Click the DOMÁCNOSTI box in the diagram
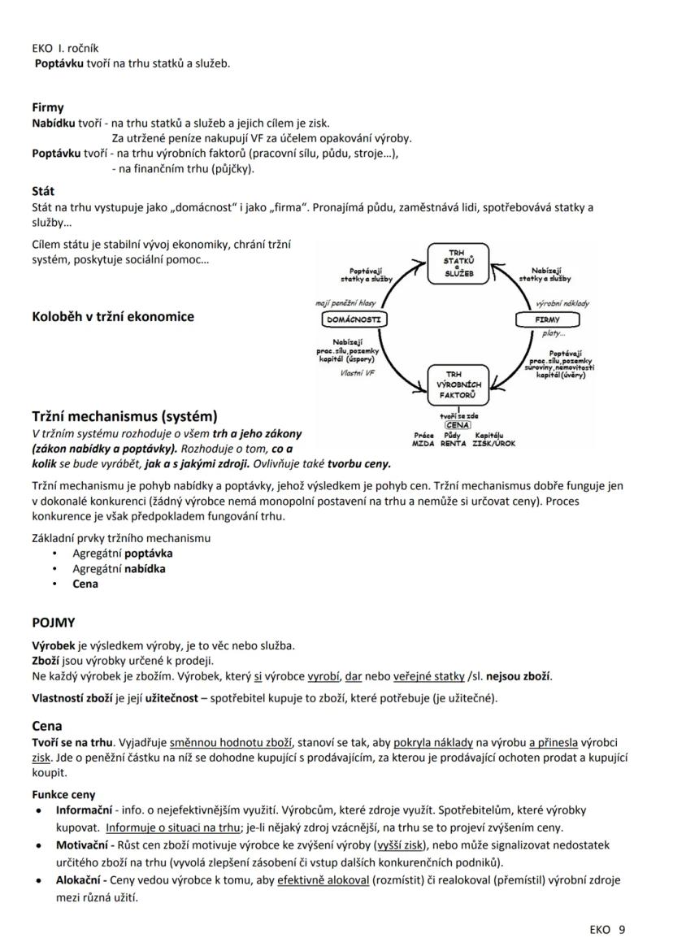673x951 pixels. pyautogui.click(x=353, y=319)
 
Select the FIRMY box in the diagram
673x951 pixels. pyautogui.click(x=547, y=319)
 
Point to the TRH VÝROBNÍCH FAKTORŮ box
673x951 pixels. pyautogui.click(x=458, y=384)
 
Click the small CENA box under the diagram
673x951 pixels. pyautogui.click(x=458, y=424)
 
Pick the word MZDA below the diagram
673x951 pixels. pyautogui.click(x=423, y=444)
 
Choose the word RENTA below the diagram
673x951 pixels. pyautogui.click(x=454, y=444)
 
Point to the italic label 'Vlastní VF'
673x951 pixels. pyautogui.click(x=358, y=373)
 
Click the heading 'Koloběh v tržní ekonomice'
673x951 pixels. pyautogui.click(x=113, y=317)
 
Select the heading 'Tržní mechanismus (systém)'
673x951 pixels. pyautogui.click(x=124, y=416)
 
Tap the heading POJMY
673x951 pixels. pyautogui.click(x=54, y=623)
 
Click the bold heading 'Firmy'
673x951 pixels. pyautogui.click(x=48, y=107)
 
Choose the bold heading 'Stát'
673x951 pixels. pyautogui.click(x=43, y=192)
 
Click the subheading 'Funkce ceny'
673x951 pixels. pyautogui.click(x=63, y=794)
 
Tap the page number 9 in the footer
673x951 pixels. pyautogui.click(x=622, y=929)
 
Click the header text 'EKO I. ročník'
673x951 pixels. pyautogui.click(x=65, y=48)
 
